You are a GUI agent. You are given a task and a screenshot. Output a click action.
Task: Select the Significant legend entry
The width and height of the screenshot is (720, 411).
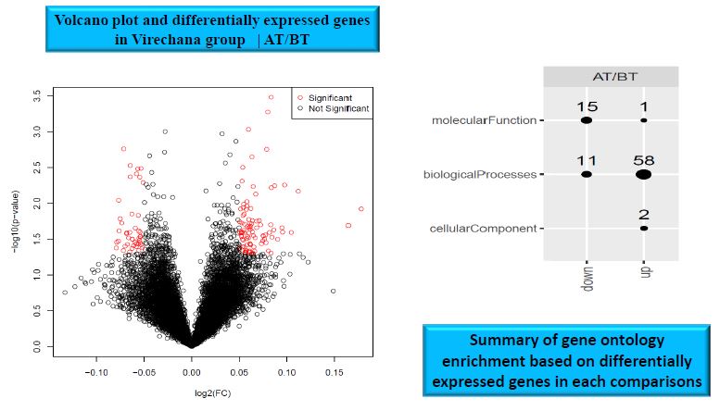click(x=323, y=97)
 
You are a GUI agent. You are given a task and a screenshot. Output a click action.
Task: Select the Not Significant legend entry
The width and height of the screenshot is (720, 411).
click(x=333, y=108)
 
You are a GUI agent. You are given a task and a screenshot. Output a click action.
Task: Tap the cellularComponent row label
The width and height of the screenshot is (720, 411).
click(x=481, y=228)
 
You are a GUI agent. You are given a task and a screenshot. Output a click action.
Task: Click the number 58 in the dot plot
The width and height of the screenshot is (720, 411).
click(x=643, y=160)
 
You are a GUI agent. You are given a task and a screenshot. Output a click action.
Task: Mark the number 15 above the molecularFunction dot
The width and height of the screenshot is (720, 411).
click(x=586, y=107)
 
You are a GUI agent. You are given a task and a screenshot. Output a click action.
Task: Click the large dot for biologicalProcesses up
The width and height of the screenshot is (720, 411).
click(x=643, y=174)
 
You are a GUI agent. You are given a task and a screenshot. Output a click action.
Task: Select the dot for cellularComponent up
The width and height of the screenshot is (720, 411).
click(x=643, y=228)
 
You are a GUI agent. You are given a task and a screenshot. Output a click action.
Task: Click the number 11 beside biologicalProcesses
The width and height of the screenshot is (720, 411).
click(x=586, y=160)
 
